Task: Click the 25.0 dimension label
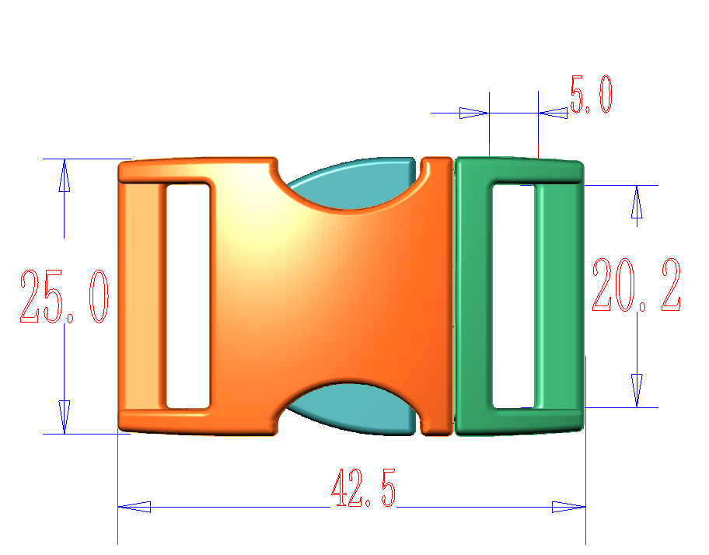pyautogui.click(x=65, y=296)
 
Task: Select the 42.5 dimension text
pyautogui.click(x=364, y=488)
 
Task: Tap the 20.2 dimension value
pyautogui.click(x=637, y=284)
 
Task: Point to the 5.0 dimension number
pyautogui.click(x=592, y=95)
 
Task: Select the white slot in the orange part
pyautogui.click(x=188, y=296)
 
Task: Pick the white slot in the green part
pyautogui.click(x=514, y=296)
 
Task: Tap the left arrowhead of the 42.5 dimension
pyautogui.click(x=134, y=507)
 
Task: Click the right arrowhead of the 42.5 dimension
pyautogui.click(x=569, y=507)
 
